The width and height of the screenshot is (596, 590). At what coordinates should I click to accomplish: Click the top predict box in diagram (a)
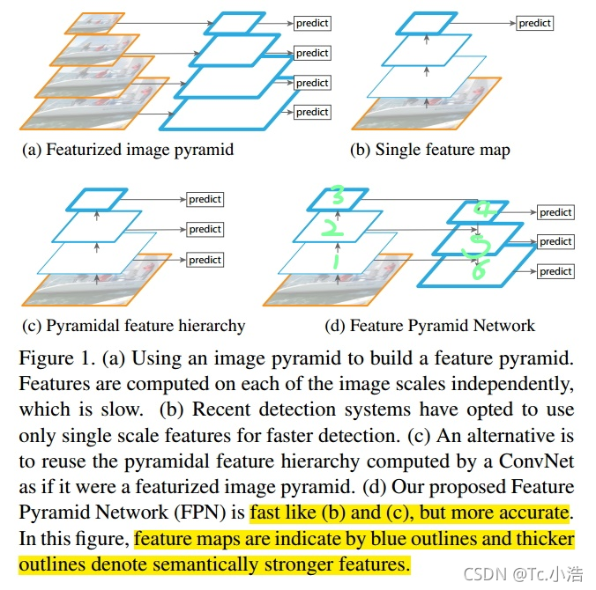tap(312, 24)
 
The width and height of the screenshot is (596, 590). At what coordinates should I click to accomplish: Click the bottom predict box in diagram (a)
tap(312, 112)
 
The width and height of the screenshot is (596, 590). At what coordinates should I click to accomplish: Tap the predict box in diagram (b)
tap(534, 23)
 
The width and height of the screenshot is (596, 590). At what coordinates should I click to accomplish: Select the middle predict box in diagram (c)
tap(205, 229)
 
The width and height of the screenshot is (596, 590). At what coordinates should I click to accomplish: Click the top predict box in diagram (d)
tap(555, 212)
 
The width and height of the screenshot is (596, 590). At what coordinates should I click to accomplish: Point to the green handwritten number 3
tap(336, 195)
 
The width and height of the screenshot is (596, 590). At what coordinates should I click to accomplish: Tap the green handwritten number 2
tap(330, 229)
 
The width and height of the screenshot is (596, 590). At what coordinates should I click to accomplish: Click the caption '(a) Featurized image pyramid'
tap(128, 150)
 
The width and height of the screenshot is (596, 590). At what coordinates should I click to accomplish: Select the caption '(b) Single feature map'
tap(429, 150)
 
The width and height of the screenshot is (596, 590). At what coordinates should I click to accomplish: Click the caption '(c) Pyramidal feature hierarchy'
tap(133, 326)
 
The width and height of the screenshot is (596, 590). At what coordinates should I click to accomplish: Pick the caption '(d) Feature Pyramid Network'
tap(429, 326)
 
